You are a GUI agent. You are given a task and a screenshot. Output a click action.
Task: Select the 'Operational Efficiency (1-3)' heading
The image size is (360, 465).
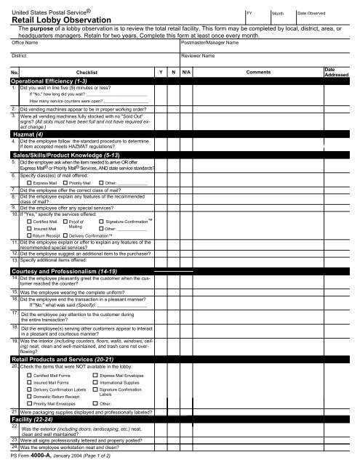[x=47, y=81]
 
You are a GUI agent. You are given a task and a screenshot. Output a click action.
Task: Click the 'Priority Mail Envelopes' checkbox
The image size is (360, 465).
[x=29, y=403]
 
